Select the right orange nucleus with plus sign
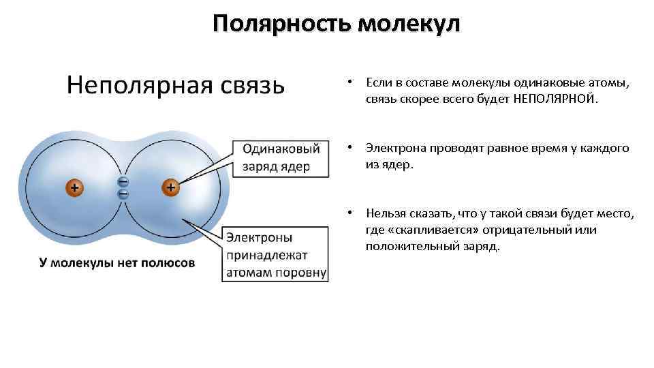[x=170, y=187]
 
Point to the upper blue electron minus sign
[x=123, y=181]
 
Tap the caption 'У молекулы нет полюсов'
[x=116, y=262]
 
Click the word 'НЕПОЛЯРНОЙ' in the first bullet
[x=553, y=99]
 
